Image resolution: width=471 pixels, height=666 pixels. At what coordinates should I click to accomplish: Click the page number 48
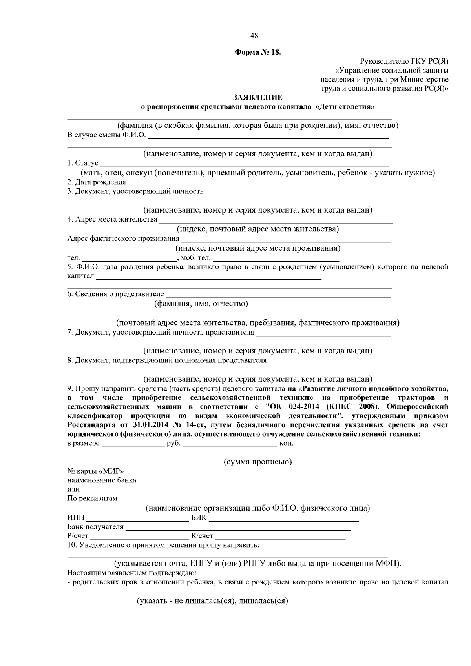pyautogui.click(x=254, y=36)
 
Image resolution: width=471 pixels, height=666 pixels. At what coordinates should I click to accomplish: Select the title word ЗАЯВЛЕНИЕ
pyautogui.click(x=258, y=97)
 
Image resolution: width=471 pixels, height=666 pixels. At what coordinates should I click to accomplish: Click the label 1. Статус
pyautogui.click(x=83, y=164)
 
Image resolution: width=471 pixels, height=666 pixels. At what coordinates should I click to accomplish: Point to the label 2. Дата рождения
pyautogui.click(x=97, y=182)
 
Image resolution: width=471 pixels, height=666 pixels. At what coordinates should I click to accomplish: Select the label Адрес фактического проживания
pyautogui.click(x=123, y=239)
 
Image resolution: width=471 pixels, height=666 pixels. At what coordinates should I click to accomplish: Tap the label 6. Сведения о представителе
pyautogui.click(x=115, y=294)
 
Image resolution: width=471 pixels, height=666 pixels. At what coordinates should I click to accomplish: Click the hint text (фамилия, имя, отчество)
pyautogui.click(x=201, y=304)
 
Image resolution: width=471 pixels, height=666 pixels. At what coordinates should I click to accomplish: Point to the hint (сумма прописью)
pyautogui.click(x=257, y=462)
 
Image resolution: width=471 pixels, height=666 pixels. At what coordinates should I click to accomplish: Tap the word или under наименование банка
pyautogui.click(x=73, y=490)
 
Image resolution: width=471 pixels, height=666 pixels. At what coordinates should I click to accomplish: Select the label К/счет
pyautogui.click(x=202, y=536)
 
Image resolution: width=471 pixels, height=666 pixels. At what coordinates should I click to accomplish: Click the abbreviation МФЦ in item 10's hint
pyautogui.click(x=388, y=564)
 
